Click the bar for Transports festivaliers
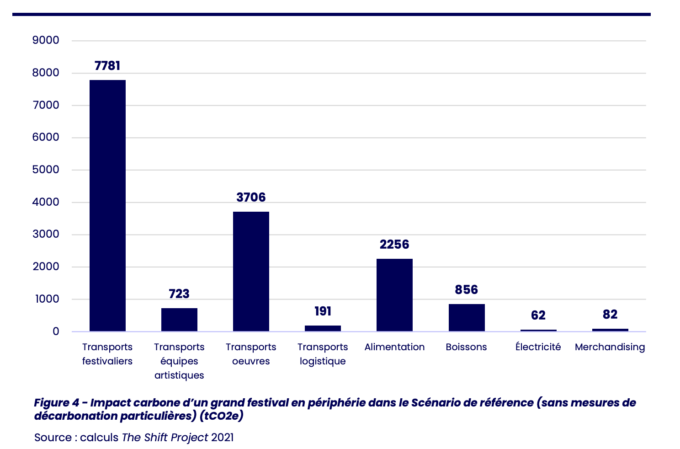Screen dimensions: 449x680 (x=107, y=206)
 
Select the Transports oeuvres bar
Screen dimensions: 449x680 (x=251, y=271)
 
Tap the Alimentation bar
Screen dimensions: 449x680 (x=394, y=295)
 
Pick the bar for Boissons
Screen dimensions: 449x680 (x=466, y=317)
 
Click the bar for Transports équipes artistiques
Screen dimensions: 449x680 (x=179, y=320)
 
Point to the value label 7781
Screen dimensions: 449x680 (x=107, y=66)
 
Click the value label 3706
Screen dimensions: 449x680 (x=251, y=198)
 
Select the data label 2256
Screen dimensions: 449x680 (x=394, y=245)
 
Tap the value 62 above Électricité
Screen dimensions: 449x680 (x=538, y=315)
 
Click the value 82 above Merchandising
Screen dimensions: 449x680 (x=610, y=315)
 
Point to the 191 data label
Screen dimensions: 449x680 (x=323, y=311)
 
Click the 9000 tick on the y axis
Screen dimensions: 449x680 (x=46, y=40)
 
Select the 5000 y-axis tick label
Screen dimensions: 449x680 (x=46, y=170)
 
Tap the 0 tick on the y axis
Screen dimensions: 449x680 (x=56, y=331)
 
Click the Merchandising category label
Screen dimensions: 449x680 (x=610, y=347)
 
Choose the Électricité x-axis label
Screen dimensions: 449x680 (x=538, y=347)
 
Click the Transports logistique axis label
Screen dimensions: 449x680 (x=323, y=354)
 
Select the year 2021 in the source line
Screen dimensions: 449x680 (x=222, y=438)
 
